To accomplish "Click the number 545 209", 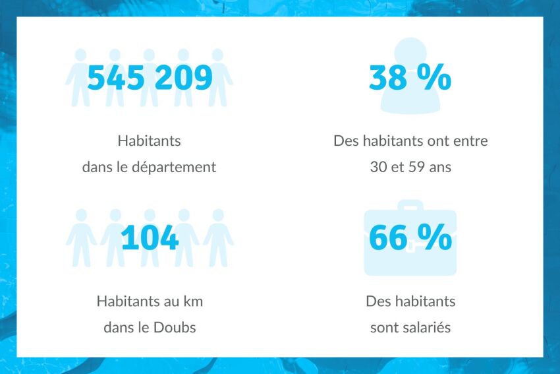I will (x=150, y=78).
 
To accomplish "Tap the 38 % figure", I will (x=410, y=78).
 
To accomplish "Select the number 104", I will (x=150, y=238).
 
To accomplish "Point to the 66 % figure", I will (x=410, y=238).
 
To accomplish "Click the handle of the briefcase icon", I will (x=410, y=205).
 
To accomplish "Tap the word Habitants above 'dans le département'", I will (x=149, y=141).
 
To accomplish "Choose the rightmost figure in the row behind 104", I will (x=218, y=237).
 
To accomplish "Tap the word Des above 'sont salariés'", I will (x=378, y=302).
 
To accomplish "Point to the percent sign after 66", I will (x=435, y=238).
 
